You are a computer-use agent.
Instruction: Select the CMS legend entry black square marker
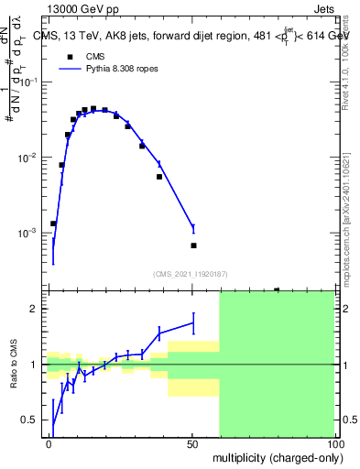[69, 57]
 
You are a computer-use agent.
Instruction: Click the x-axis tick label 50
[192, 444]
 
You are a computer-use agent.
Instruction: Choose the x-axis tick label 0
[49, 444]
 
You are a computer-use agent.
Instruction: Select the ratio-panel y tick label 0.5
[29, 420]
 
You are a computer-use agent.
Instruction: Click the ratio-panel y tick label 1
[34, 365]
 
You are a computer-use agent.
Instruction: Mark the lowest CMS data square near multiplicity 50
[193, 245]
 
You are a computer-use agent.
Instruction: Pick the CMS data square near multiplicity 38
[159, 177]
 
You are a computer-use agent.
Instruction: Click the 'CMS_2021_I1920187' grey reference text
[191, 273]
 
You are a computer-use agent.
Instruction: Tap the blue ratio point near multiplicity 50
[193, 322]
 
